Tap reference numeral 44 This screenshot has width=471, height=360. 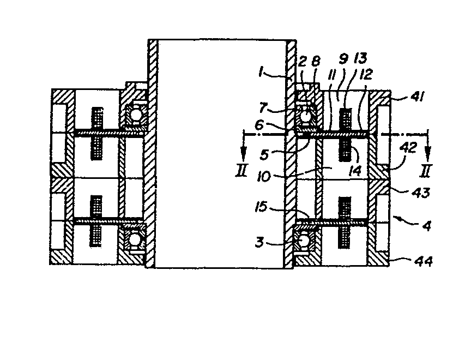(424, 261)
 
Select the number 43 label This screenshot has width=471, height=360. (421, 193)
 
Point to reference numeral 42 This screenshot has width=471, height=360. (409, 148)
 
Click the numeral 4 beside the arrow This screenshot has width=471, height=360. (427, 225)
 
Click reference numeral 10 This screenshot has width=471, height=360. (264, 177)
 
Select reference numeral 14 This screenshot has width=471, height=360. (355, 171)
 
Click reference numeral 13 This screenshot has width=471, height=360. (360, 59)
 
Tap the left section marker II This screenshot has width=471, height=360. (241, 170)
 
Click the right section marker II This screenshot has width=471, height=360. (426, 170)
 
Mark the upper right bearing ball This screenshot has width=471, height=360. (306, 116)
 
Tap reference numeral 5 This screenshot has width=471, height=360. (264, 154)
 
